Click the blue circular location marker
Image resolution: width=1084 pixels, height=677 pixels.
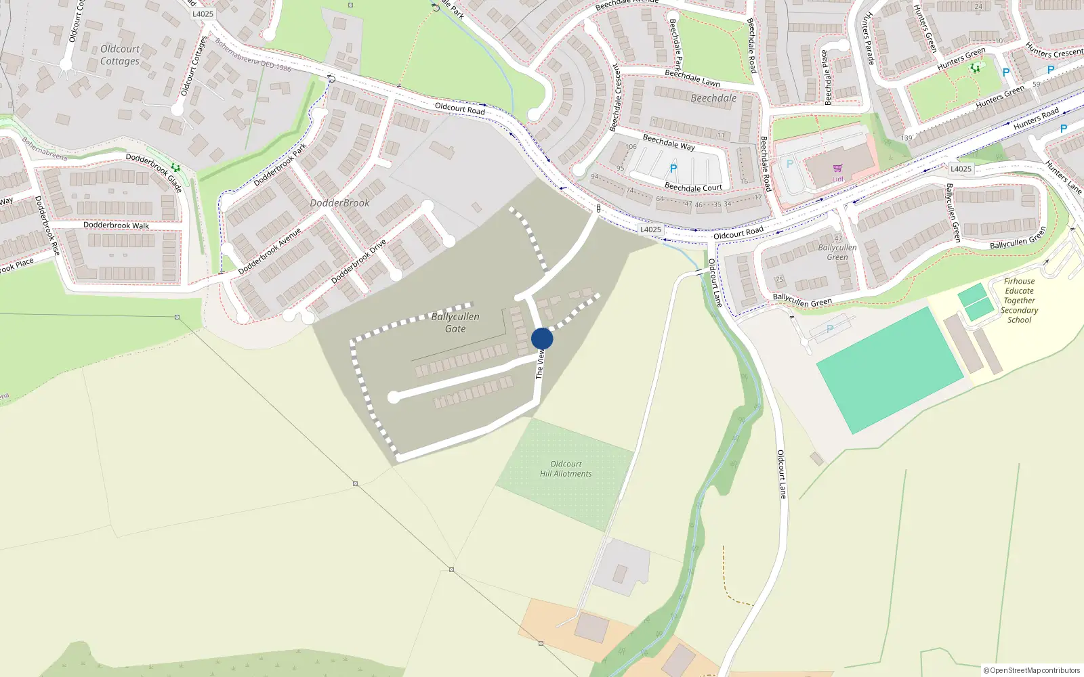542,338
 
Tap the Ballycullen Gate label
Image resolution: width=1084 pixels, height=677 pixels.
455,323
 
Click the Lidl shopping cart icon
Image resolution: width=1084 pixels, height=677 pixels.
837,169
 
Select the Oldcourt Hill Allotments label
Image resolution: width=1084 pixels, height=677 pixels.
566,469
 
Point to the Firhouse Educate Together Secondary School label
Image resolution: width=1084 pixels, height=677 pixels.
1019,301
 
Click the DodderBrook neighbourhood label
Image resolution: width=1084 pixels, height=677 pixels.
339,203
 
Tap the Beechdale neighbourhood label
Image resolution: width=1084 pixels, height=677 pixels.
713,98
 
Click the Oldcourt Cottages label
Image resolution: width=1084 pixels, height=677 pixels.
120,55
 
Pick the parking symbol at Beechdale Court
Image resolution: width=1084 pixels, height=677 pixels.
673,169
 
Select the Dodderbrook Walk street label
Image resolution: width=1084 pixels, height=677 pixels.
116,225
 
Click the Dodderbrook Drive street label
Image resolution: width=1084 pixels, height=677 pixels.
358,261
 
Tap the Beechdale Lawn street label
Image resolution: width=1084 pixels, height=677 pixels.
692,78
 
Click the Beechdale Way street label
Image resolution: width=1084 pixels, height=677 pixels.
668,142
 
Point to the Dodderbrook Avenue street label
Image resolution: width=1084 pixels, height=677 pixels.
270,251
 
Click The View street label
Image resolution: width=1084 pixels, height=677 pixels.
540,364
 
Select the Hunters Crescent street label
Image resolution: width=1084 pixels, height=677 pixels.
1054,50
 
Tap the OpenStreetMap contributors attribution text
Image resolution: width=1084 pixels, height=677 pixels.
1031,670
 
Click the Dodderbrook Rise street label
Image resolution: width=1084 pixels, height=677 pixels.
47,226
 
